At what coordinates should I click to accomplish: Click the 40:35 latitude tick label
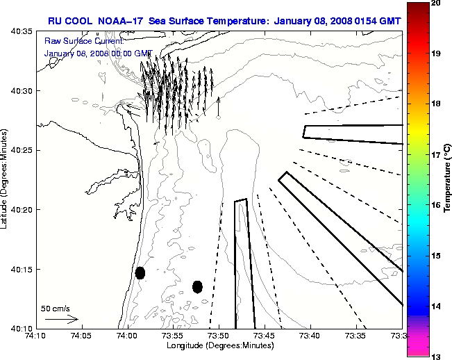click(22, 32)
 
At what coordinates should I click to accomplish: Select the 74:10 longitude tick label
click(35, 336)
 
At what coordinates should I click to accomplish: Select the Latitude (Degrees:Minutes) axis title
click(6, 179)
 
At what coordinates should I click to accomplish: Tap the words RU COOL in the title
click(65, 19)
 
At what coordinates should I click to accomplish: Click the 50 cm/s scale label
click(55, 307)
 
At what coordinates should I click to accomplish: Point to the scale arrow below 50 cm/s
click(62, 319)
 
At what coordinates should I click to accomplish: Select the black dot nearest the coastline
click(140, 272)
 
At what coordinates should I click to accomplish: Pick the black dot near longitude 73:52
click(197, 286)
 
